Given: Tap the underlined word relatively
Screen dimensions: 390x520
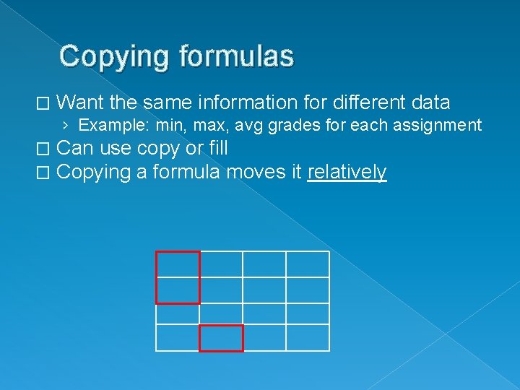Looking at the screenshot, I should click(347, 173).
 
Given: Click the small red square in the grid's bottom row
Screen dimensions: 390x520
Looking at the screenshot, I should click(221, 338).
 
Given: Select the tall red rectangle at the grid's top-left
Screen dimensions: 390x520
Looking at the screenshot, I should click(178, 277).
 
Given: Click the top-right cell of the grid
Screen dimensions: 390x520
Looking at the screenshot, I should click(308, 264).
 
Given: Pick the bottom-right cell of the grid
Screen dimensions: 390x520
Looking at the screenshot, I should click(308, 337).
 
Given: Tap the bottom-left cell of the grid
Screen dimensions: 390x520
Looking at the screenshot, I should click(178, 337).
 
